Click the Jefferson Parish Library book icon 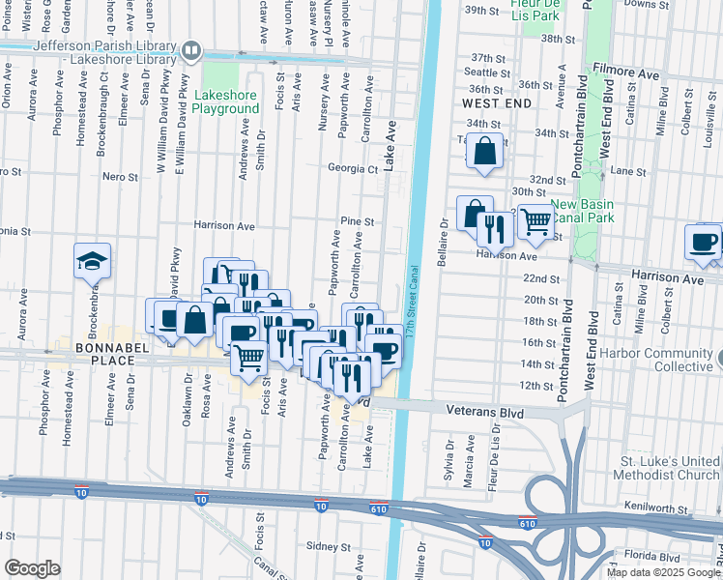192,49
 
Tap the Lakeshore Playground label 225,102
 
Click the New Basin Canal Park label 589,212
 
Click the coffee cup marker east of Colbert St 703,241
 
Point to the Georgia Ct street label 352,168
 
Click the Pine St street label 362,222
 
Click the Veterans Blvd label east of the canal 477,410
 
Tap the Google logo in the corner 32,568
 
